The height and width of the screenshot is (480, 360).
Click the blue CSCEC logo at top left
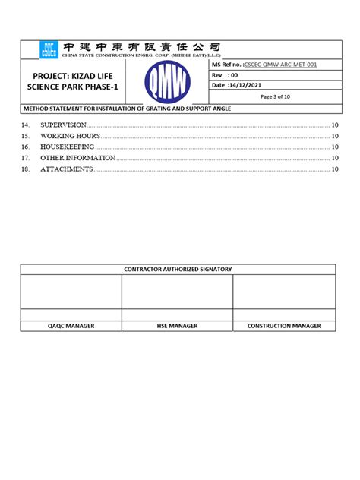pos(49,50)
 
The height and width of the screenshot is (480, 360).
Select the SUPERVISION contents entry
pos(64,125)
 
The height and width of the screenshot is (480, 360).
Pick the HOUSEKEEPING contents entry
pos(68,147)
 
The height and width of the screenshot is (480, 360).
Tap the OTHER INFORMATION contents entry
pos(77,158)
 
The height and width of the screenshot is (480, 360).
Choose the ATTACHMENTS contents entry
pos(66,169)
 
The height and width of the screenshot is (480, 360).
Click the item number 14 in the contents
pos(26,125)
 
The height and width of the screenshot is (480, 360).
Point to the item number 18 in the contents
pos(26,169)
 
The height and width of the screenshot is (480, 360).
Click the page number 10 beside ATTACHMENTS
pos(334,169)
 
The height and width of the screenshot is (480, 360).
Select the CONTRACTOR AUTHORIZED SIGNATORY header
pos(177,270)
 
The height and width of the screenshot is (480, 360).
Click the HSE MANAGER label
pos(177,326)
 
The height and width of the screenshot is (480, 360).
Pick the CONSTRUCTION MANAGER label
pos(284,326)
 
